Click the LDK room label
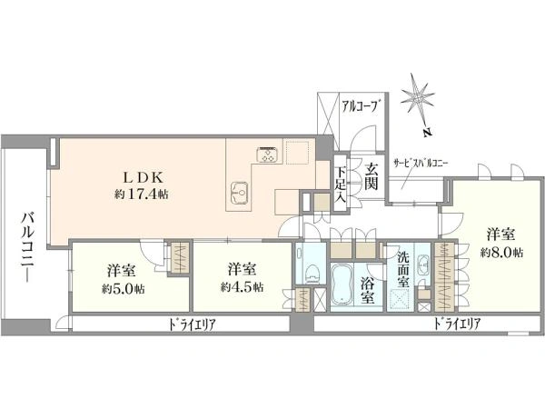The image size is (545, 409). click(x=144, y=178)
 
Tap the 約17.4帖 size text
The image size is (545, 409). click(x=142, y=195)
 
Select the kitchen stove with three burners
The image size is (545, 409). click(x=267, y=155)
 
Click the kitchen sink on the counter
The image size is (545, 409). click(x=240, y=193)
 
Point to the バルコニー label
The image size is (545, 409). click(x=27, y=247)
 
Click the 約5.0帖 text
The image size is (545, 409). click(x=124, y=289)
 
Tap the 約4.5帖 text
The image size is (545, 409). click(x=242, y=287)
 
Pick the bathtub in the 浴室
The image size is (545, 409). click(x=342, y=283)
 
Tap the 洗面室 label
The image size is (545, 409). click(x=403, y=269)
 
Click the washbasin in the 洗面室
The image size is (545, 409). click(x=423, y=264)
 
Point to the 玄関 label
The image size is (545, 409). click(x=371, y=176)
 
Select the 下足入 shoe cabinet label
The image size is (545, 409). click(x=341, y=185)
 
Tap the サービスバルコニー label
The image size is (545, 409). click(x=421, y=163)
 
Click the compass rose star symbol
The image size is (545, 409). click(x=418, y=98)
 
